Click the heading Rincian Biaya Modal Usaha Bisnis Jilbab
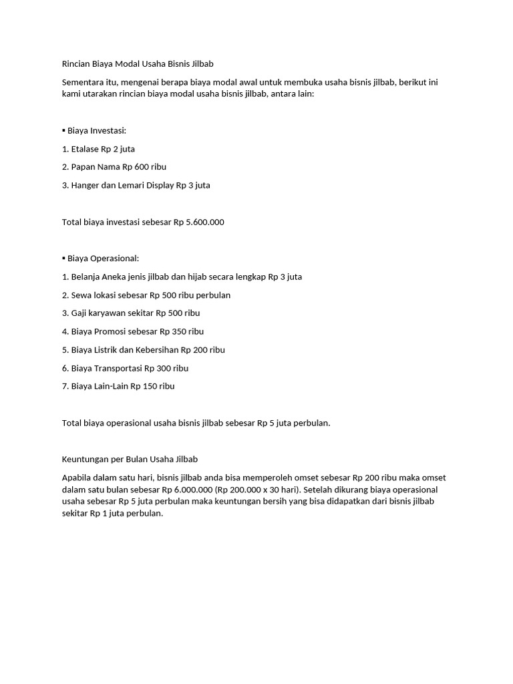138,64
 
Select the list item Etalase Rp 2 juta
98,149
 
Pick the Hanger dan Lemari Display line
136,185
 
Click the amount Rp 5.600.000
198,222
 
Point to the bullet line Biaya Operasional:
101,259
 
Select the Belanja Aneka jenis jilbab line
182,277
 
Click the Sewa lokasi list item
146,295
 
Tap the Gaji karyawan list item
131,313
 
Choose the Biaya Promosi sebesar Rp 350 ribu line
132,331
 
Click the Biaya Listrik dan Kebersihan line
143,349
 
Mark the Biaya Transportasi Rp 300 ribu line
130,368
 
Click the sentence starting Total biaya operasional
196,423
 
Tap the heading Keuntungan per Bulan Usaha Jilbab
130,460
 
